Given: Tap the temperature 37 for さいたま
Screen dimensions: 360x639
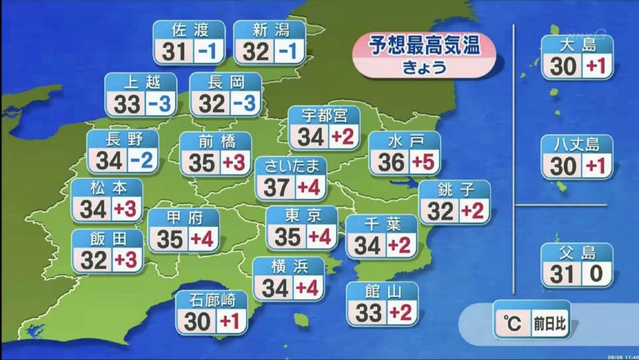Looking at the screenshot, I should (x=276, y=188).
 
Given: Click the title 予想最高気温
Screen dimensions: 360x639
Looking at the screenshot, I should (x=424, y=46).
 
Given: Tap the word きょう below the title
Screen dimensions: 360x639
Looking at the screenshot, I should (x=424, y=68).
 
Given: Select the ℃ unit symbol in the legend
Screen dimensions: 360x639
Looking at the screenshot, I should (x=512, y=323).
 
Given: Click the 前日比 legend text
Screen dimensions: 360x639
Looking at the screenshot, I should (x=548, y=324).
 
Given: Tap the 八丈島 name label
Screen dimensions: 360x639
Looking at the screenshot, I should (x=577, y=144).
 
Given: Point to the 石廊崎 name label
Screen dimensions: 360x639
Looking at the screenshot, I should (x=211, y=300).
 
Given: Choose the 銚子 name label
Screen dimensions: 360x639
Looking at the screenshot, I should (x=454, y=189).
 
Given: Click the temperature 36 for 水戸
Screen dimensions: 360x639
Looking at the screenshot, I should (x=390, y=162).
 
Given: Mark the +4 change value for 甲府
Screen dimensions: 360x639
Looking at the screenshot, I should (x=202, y=239).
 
